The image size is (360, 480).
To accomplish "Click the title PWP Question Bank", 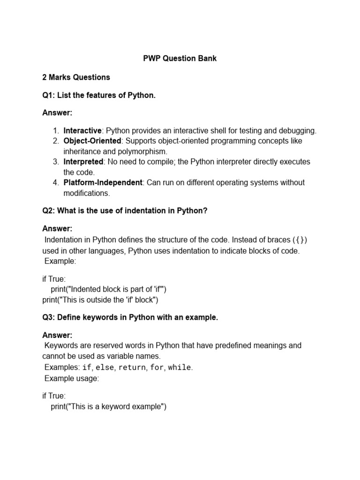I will [x=180, y=59].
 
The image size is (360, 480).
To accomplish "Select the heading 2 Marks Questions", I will [x=76, y=77].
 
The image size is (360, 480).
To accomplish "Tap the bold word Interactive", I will [x=82, y=131].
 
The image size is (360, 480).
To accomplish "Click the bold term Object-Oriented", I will [x=92, y=141].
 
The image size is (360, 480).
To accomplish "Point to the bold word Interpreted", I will [x=83, y=162].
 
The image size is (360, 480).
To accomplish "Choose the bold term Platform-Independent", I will [x=103, y=182].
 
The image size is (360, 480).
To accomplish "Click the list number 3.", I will [x=55, y=162].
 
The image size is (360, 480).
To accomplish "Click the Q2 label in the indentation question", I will [x=48, y=211].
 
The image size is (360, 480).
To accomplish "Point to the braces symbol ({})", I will [x=300, y=240].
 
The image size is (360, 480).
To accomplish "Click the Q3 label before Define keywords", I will [x=48, y=317].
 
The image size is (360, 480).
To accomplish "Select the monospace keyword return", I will [x=132, y=367].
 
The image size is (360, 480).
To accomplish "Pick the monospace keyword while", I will [x=180, y=367].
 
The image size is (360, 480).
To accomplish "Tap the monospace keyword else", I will [x=105, y=367].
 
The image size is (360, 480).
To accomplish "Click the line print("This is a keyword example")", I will [x=109, y=406].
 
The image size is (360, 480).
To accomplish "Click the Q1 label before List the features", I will [x=48, y=96].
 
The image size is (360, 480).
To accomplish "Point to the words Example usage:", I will [x=71, y=378].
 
